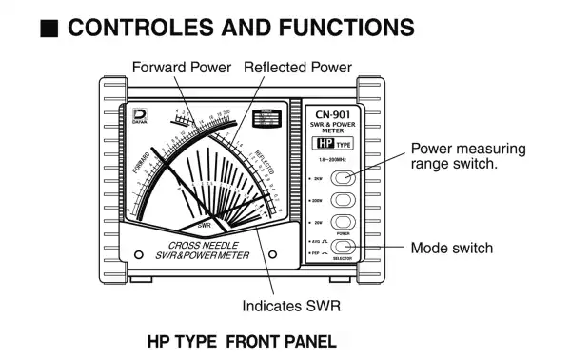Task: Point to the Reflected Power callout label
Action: (x=298, y=68)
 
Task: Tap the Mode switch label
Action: (x=451, y=248)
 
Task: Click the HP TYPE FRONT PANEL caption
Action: (x=242, y=340)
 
